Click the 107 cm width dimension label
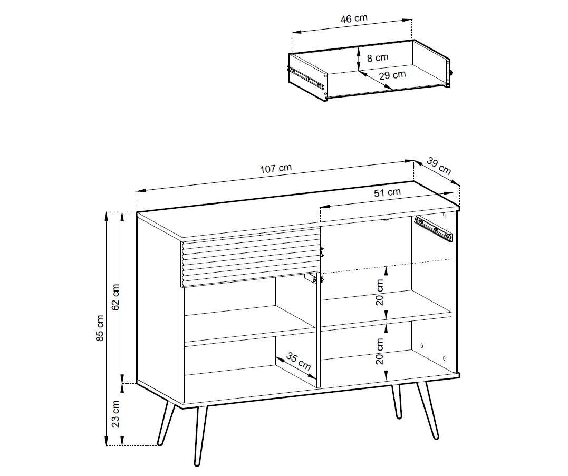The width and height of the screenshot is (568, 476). pyautogui.click(x=276, y=168)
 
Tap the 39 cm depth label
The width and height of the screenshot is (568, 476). pyautogui.click(x=439, y=166)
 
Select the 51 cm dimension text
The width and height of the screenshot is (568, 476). pyautogui.click(x=387, y=192)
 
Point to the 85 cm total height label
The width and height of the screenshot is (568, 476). pyautogui.click(x=100, y=328)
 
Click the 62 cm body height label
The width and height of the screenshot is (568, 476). pyautogui.click(x=115, y=297)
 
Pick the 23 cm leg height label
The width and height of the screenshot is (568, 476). pyautogui.click(x=115, y=414)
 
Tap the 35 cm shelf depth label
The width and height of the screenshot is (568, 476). pyautogui.click(x=299, y=361)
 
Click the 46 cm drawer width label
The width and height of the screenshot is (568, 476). pyautogui.click(x=354, y=18)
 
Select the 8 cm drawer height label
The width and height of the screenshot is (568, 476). pyautogui.click(x=378, y=57)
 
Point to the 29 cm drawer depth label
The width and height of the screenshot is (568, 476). pyautogui.click(x=392, y=75)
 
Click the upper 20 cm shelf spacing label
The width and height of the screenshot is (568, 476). pyautogui.click(x=380, y=292)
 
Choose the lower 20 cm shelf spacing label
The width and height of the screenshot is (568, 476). pyautogui.click(x=380, y=351)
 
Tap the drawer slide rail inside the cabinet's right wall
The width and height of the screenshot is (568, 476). pyautogui.click(x=434, y=228)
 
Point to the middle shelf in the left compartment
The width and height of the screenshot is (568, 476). pyautogui.click(x=250, y=324)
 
